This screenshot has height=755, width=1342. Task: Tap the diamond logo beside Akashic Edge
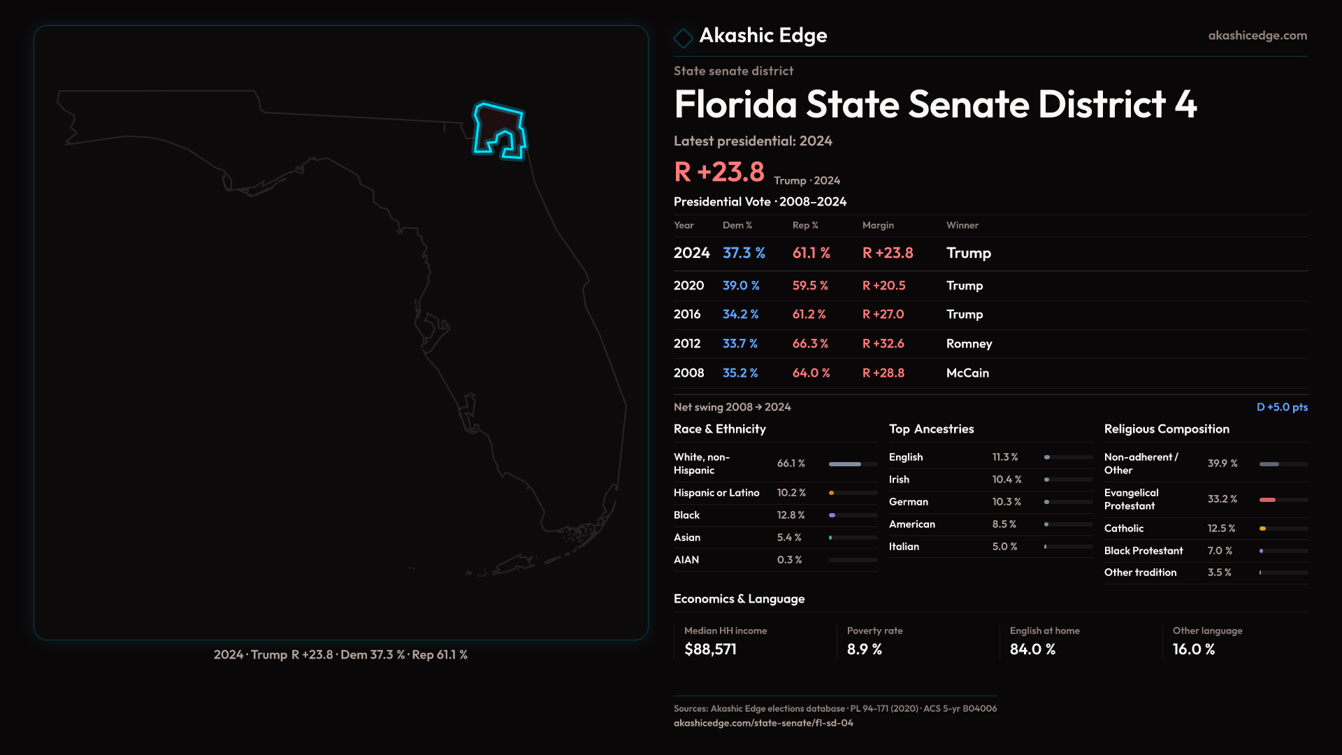tap(683, 38)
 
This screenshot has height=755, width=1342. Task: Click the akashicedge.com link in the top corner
tap(1257, 36)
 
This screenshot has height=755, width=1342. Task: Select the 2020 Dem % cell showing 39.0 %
tap(741, 286)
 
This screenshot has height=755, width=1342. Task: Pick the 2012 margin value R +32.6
tap(883, 344)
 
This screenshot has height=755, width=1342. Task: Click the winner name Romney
tap(969, 344)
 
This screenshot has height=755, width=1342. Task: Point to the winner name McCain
tap(967, 373)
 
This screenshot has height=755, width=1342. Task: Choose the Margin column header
tap(878, 225)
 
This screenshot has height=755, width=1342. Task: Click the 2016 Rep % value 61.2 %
tap(809, 315)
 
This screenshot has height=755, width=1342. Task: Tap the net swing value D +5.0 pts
tap(1282, 407)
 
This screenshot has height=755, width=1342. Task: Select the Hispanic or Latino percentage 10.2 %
tap(791, 493)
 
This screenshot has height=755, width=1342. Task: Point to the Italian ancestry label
tap(904, 547)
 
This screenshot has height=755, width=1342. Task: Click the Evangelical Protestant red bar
tap(1268, 500)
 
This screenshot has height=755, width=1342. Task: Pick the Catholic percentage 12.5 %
tap(1221, 528)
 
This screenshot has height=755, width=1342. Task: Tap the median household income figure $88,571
tap(710, 649)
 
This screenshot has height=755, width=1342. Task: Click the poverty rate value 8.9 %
tap(865, 649)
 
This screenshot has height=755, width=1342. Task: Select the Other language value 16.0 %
tap(1194, 649)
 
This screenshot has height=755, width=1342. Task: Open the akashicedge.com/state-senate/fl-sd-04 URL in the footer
tap(763, 723)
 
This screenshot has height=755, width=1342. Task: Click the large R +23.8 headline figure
tap(719, 172)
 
